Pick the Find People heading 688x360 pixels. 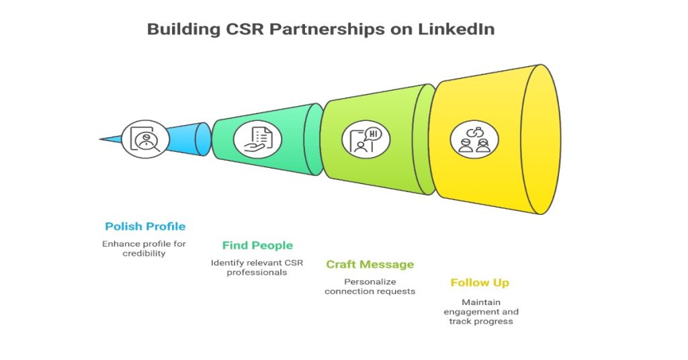(257, 245)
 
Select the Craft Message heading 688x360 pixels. (370, 264)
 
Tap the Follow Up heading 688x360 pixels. (480, 283)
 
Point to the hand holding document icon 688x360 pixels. (257, 139)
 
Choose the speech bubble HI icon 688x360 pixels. (366, 139)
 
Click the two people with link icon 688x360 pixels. (474, 139)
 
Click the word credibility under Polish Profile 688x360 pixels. (143, 253)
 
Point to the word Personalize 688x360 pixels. (370, 281)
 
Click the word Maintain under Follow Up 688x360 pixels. (480, 302)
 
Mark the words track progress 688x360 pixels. (480, 321)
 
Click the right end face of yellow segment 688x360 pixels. (541, 139)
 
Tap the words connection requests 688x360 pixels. (370, 291)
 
